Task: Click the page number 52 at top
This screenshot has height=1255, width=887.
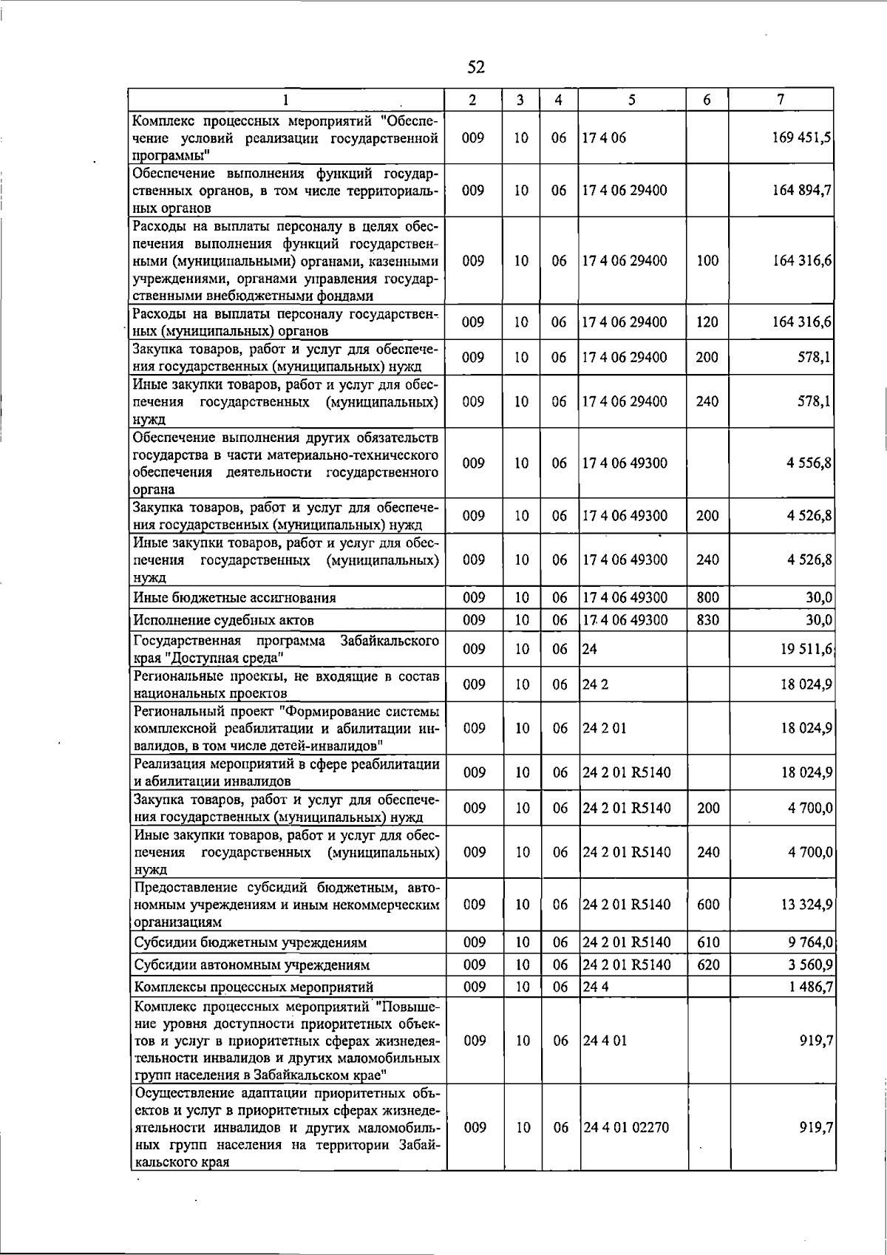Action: point(476,67)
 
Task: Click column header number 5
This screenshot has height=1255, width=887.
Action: point(632,100)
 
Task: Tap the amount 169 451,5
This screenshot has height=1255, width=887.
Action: point(801,137)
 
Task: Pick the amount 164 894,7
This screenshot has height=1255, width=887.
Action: point(801,190)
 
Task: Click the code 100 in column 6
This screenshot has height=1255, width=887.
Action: point(707,260)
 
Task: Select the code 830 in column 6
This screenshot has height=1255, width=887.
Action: point(707,620)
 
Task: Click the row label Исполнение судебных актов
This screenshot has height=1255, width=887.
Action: point(224,620)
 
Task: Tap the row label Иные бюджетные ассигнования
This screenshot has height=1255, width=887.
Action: point(235,598)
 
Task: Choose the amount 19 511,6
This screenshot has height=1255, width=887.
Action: point(806,649)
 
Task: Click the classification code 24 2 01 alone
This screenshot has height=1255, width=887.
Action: point(604,728)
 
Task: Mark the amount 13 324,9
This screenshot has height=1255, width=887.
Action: point(806,905)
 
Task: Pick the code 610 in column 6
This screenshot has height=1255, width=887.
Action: point(708,942)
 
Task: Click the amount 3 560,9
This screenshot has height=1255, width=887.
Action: point(810,965)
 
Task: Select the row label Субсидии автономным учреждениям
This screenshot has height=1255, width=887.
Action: point(252,965)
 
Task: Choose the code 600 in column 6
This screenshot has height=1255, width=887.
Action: point(708,905)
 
